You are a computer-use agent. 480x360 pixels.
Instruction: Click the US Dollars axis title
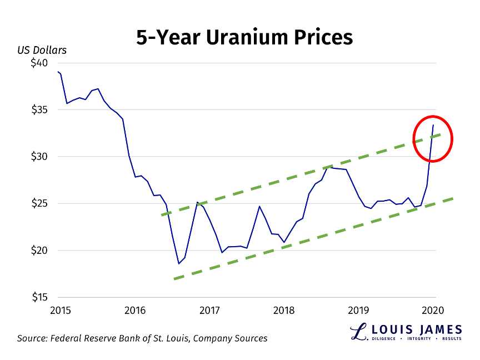point(42,50)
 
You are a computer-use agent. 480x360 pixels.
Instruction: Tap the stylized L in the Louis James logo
point(359,331)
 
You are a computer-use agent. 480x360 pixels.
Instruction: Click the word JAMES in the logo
point(437,328)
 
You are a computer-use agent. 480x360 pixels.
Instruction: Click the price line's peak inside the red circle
point(433,125)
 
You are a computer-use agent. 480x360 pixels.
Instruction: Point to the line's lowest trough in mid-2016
point(179,263)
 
